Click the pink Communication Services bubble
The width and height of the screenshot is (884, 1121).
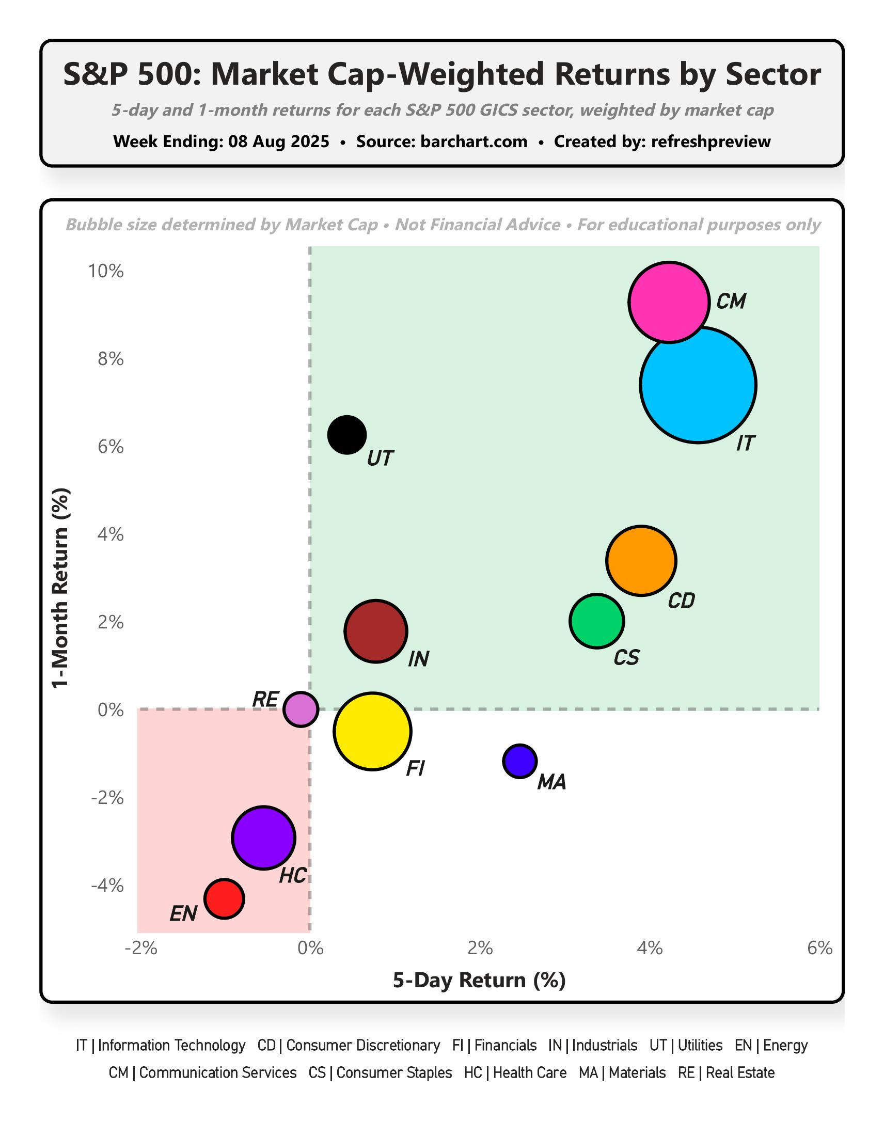(668, 302)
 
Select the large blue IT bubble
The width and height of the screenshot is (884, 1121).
(698, 385)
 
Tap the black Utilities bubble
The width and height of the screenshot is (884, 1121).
(347, 435)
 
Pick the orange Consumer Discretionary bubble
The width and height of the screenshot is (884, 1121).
(641, 561)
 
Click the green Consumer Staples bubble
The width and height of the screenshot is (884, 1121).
(596, 621)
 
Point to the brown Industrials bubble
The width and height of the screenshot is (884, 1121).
(376, 631)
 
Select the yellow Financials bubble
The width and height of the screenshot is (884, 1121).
(372, 731)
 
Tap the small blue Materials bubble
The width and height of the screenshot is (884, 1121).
(519, 761)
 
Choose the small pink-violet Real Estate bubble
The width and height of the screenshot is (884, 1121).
(301, 708)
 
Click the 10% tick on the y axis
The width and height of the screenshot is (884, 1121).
(106, 271)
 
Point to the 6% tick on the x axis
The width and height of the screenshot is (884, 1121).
(819, 948)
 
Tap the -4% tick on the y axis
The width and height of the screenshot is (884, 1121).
(107, 886)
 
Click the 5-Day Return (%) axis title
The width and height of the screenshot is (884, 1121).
(479, 980)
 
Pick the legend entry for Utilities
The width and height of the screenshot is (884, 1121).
(686, 1046)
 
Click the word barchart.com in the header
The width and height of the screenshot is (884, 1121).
(473, 141)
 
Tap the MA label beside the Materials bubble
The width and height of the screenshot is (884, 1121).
(551, 782)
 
